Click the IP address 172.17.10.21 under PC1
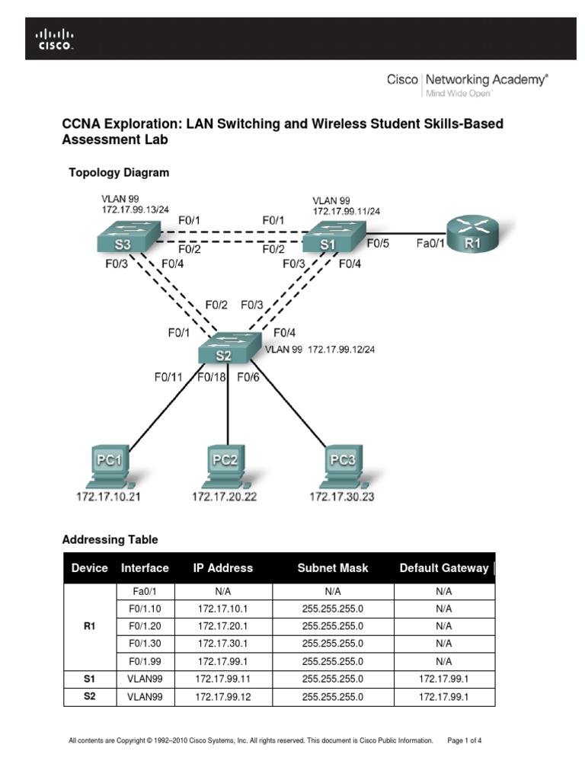click(109, 497)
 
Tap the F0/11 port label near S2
click(168, 376)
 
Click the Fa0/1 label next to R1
click(429, 245)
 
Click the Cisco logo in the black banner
click(56, 38)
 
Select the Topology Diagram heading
click(119, 173)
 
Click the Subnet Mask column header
click(332, 567)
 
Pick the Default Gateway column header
click(443, 567)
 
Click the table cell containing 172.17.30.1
click(224, 644)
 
